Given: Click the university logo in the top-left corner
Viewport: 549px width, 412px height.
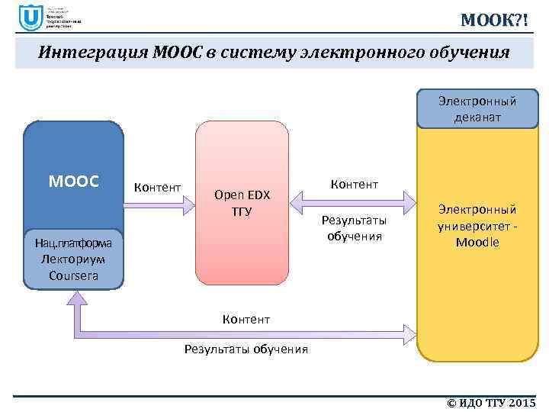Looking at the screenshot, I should click(x=31, y=18).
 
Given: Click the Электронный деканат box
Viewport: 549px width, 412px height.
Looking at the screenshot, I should click(x=477, y=109).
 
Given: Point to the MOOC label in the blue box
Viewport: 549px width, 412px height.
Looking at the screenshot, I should click(x=73, y=182).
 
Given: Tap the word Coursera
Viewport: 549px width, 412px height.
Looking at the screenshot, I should click(x=73, y=275).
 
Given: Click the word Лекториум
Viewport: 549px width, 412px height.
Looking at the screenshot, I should click(x=73, y=259).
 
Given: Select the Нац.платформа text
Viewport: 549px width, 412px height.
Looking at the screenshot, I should click(x=73, y=243).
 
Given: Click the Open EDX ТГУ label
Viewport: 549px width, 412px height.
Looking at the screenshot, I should click(x=242, y=202).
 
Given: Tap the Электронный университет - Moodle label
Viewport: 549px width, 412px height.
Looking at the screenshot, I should click(x=477, y=226).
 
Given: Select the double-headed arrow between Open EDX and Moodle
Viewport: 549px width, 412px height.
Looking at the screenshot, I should click(x=353, y=202).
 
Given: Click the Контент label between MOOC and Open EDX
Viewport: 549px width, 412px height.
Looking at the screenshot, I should click(x=157, y=187).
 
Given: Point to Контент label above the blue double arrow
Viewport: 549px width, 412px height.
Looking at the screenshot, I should click(x=354, y=184).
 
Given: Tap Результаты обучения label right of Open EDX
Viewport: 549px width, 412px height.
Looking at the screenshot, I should click(x=354, y=228).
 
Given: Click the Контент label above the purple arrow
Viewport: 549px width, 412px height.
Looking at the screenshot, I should click(x=246, y=318).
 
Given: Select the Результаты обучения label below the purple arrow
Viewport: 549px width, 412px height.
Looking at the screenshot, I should click(x=246, y=349).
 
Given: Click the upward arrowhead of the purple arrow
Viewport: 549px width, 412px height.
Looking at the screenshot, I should click(x=77, y=304).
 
